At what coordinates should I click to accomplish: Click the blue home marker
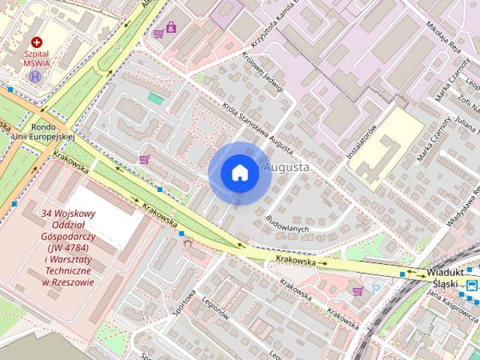(x=239, y=172)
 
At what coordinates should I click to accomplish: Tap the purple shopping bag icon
(x=171, y=28)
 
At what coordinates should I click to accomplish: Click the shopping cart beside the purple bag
(x=158, y=33)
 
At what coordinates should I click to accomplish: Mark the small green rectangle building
(x=155, y=98)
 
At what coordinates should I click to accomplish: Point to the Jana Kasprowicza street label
(x=450, y=295)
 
